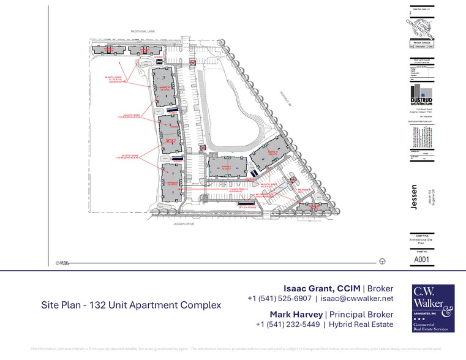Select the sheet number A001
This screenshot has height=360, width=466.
coord(420,260)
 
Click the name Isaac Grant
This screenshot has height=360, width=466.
coord(309,288)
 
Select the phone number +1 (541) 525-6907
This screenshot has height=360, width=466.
coord(279,299)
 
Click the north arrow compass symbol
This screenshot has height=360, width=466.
coord(383,261)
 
